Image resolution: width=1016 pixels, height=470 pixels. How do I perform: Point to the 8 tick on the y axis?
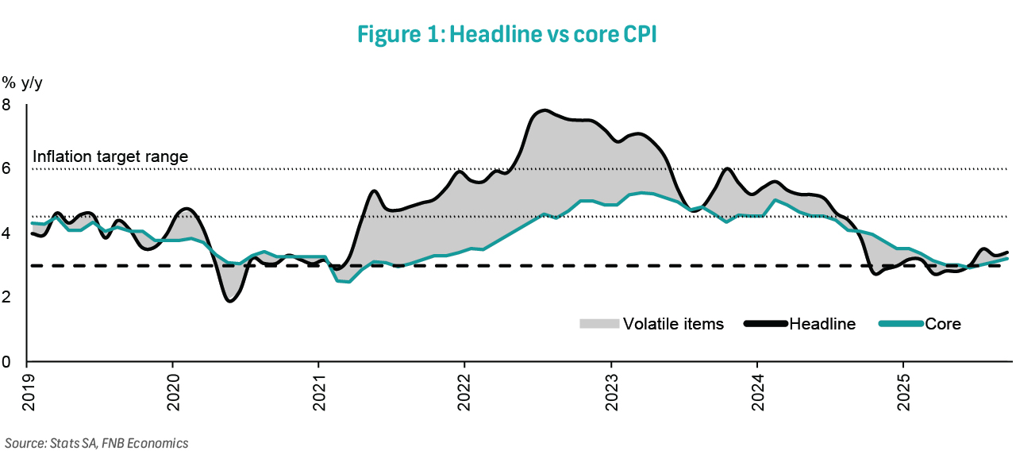(7, 105)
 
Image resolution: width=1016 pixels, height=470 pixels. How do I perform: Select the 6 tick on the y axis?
(7, 169)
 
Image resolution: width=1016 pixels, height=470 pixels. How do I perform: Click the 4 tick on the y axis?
(7, 233)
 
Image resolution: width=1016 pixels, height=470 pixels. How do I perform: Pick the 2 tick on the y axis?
(7, 298)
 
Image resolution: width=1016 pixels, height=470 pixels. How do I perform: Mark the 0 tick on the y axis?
(7, 362)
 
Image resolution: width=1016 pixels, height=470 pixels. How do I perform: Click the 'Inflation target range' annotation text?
(110, 156)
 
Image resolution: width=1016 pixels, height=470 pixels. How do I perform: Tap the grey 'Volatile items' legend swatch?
(598, 324)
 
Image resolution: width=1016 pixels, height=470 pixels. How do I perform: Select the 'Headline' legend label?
(822, 324)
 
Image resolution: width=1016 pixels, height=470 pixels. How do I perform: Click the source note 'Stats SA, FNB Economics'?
(97, 443)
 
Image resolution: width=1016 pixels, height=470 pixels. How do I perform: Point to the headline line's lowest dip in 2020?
(230, 301)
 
